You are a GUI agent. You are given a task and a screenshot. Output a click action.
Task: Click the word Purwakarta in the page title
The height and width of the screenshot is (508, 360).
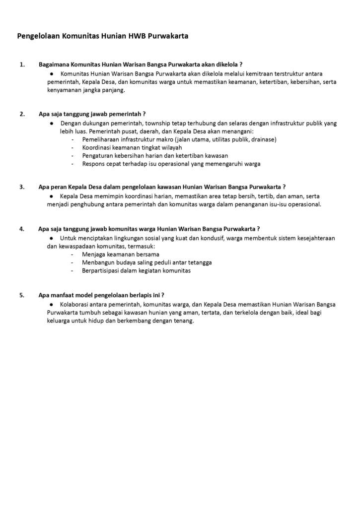point(168,36)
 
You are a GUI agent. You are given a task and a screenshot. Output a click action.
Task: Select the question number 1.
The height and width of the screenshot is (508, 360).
point(22,64)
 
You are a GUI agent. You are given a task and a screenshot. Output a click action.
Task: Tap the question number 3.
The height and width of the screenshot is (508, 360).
point(22,187)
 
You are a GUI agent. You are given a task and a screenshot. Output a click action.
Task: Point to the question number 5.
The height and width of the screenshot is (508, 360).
point(22,295)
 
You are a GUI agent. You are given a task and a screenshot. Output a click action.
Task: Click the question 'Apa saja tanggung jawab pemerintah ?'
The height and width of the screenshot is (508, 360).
point(92,114)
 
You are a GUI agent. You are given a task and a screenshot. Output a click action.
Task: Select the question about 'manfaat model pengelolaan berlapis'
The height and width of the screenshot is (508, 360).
point(101,295)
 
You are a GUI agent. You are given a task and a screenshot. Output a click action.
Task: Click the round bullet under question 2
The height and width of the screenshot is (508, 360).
point(52,123)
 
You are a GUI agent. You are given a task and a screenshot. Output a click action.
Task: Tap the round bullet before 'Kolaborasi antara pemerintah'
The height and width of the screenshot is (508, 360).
point(52,304)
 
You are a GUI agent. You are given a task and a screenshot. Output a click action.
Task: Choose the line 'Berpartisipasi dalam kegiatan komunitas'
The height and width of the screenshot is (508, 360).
point(136,271)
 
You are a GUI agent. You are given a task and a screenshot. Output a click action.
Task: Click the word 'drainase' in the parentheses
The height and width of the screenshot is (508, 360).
point(264,139)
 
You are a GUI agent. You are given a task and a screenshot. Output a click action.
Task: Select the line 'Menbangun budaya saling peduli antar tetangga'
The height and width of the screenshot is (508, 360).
point(147,262)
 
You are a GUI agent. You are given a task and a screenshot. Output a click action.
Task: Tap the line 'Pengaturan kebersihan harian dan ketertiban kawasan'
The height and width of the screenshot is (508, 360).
point(155,155)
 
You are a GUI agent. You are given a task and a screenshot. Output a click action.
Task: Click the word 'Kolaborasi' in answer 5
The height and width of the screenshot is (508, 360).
point(75,304)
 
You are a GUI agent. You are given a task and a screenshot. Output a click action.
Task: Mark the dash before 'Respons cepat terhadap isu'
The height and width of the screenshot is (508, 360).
point(72,164)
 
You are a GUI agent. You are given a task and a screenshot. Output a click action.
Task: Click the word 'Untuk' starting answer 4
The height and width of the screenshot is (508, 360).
point(68,238)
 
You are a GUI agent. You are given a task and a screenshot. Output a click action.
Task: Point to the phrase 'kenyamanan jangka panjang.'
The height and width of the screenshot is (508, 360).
point(86,90)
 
